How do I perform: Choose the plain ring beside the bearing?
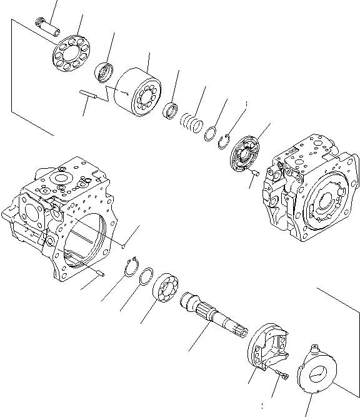tap(147, 276)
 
